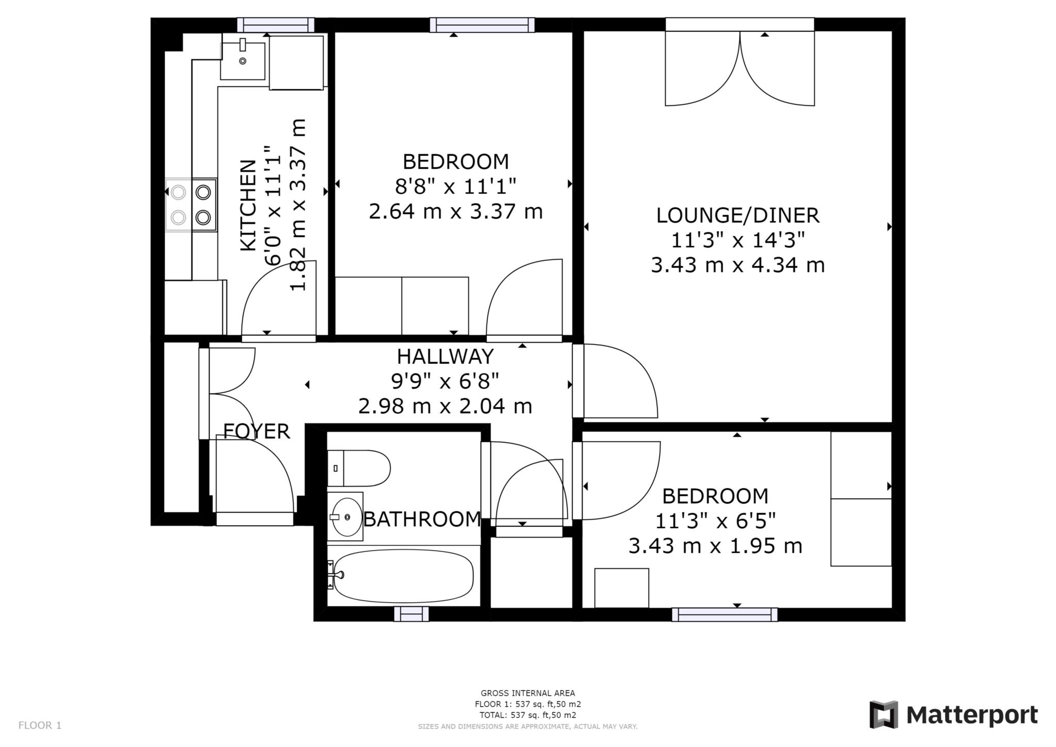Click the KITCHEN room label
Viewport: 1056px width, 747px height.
(x=249, y=205)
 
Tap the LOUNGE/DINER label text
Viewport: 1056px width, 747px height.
(x=737, y=216)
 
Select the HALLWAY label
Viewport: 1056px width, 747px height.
(x=445, y=356)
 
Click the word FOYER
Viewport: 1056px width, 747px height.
(x=256, y=431)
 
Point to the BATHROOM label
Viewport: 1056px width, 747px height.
(x=422, y=519)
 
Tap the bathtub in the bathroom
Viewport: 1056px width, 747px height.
(x=403, y=576)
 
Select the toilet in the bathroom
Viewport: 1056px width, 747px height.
(x=359, y=468)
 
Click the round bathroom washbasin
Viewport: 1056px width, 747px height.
(x=346, y=516)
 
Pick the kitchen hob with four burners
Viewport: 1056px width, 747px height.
(x=191, y=204)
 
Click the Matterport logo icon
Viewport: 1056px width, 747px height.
(x=884, y=714)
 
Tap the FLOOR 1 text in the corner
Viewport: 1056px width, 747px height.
(x=40, y=725)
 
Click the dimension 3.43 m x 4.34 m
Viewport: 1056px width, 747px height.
(x=738, y=265)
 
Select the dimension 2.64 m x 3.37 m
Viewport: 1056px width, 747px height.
(x=456, y=212)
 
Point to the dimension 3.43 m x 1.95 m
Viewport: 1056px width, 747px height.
(x=715, y=546)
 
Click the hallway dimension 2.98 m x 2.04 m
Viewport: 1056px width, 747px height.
(x=445, y=406)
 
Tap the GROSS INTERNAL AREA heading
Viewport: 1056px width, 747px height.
(x=527, y=693)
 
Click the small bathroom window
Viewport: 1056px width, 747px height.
(x=411, y=614)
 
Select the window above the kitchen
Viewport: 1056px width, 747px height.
(x=276, y=25)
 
